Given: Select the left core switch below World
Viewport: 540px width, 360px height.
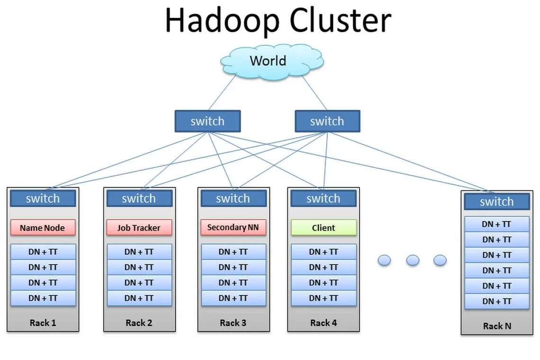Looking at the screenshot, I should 207,121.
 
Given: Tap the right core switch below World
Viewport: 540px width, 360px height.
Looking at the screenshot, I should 327,121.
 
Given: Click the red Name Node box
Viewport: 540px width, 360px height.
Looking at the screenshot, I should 43,228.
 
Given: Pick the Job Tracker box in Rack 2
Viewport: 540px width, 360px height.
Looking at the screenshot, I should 139,228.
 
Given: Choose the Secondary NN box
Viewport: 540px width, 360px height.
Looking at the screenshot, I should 233,227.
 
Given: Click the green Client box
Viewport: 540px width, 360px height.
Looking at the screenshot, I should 324,228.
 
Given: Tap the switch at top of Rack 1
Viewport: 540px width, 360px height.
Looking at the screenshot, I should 43,198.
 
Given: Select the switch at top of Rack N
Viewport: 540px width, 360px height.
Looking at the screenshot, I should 496,202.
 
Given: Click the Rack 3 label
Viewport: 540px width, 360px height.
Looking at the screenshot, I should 233,323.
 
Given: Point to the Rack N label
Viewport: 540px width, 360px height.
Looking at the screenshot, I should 497,326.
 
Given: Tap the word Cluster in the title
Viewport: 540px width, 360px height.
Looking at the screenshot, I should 340,21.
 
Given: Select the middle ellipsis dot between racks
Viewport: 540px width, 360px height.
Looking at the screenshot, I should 413,260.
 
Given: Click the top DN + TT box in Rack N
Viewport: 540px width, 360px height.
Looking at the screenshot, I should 496,225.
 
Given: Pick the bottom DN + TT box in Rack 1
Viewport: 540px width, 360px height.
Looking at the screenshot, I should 43,298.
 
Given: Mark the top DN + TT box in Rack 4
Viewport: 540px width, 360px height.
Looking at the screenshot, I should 324,252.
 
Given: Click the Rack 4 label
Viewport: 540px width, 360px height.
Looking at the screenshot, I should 324,323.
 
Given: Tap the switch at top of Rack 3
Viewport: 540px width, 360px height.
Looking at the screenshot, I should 233,198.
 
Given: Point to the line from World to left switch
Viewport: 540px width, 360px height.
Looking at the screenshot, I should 222,93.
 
